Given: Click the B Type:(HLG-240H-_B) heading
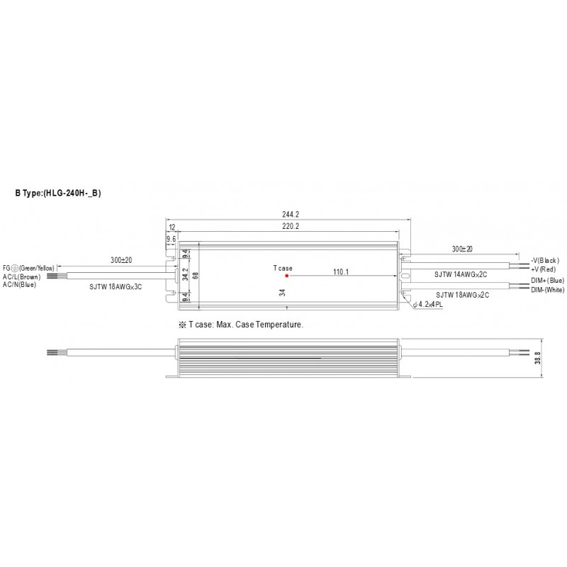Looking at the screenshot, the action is tap(58, 193).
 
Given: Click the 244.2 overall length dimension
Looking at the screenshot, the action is tap(291, 215).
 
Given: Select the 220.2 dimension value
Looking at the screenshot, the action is tap(291, 226).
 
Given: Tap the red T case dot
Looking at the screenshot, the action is tap(287, 276).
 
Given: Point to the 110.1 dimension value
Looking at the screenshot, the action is tap(341, 271).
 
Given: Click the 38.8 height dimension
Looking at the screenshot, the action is tap(538, 358).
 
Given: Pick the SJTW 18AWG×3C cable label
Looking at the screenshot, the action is tap(116, 287).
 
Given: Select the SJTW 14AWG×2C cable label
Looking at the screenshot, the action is tap(461, 274).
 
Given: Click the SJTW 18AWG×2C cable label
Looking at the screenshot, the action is tap(463, 295).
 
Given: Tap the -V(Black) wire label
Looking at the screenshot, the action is tap(545, 260).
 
